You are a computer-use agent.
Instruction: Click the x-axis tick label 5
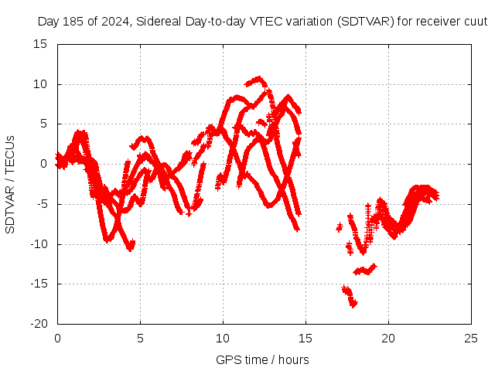[140, 338]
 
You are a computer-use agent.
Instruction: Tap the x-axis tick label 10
[223, 338]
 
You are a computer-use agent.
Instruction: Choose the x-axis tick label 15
[306, 338]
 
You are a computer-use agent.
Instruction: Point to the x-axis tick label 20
[388, 338]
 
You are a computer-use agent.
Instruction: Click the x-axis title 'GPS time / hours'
[262, 359]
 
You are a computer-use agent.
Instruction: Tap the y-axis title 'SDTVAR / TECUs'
[10, 184]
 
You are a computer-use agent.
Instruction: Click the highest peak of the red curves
[258, 78]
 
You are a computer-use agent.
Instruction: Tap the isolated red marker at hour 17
[339, 227]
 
